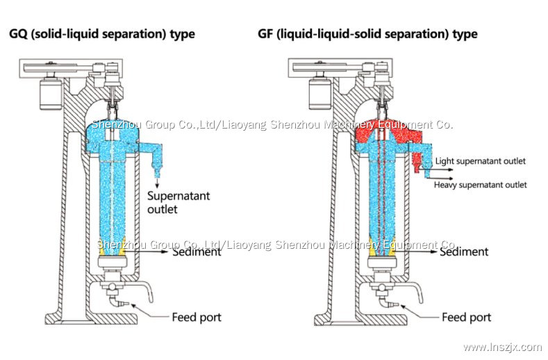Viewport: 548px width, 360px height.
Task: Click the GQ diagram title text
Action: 101,33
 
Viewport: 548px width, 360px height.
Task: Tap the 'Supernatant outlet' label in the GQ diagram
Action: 179,202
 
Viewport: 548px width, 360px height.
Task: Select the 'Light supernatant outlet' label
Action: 480,161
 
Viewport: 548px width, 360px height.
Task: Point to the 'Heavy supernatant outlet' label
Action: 480,185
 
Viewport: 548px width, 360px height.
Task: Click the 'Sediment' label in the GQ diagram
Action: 197,252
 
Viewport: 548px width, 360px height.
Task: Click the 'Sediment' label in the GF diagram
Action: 464,252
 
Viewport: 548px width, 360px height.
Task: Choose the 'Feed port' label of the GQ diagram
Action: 197,317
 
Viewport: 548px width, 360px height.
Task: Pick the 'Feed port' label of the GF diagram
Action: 466,317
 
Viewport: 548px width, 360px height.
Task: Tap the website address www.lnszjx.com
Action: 501,347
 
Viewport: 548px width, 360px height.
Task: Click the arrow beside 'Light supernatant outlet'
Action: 429,161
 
